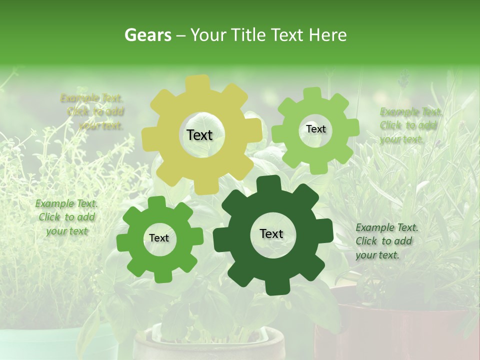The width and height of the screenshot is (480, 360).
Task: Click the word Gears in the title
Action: [148, 35]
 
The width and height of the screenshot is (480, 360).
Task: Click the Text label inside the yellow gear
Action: [199, 135]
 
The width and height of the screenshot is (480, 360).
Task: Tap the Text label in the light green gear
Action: [315, 129]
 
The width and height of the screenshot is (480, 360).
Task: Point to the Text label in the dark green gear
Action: [271, 233]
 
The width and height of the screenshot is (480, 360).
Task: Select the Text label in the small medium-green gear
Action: [159, 238]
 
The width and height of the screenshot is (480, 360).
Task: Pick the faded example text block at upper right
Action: [410, 125]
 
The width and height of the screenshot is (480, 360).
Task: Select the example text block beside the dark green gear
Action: [386, 241]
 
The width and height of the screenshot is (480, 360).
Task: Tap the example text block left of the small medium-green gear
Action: [66, 217]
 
